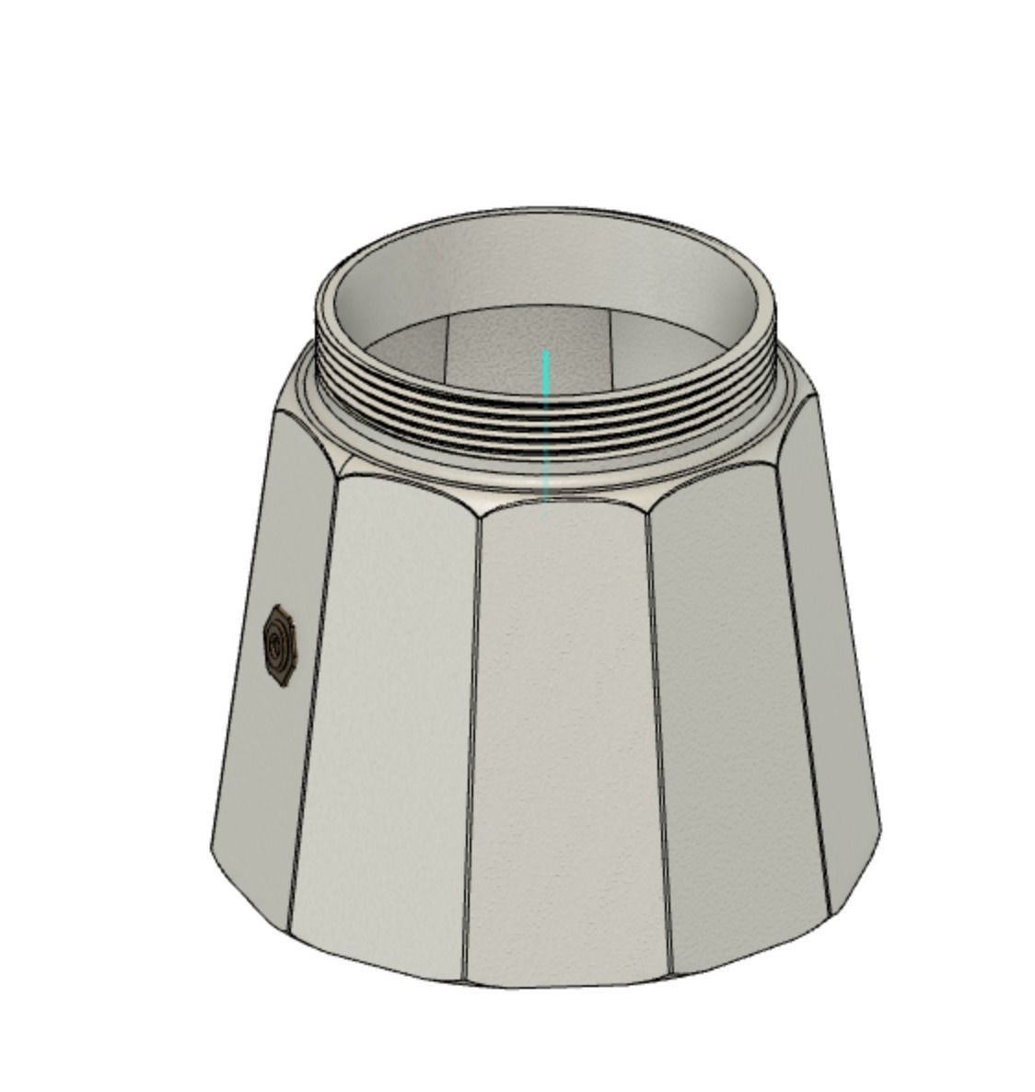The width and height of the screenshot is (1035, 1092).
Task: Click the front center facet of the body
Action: coord(564,737)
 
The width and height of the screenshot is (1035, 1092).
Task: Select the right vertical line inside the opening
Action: coord(612,345)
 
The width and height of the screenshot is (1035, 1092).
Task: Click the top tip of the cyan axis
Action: coord(547,353)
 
